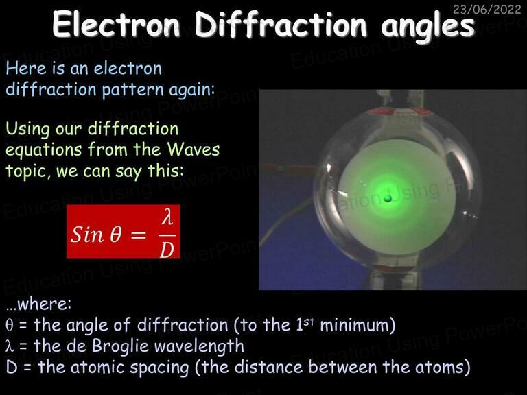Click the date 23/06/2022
487,10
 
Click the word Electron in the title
116,25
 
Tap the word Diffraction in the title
281,25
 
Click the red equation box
124,231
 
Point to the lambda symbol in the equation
167,217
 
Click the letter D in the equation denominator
167,250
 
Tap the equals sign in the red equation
138,235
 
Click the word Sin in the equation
86,234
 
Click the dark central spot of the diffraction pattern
388,199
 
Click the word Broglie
120,346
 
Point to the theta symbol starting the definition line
10,325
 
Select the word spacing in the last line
159,368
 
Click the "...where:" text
38,304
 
